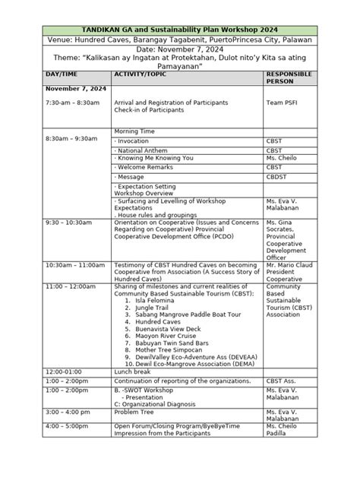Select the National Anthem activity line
[x=142, y=150]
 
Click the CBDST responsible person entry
[x=276, y=176]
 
